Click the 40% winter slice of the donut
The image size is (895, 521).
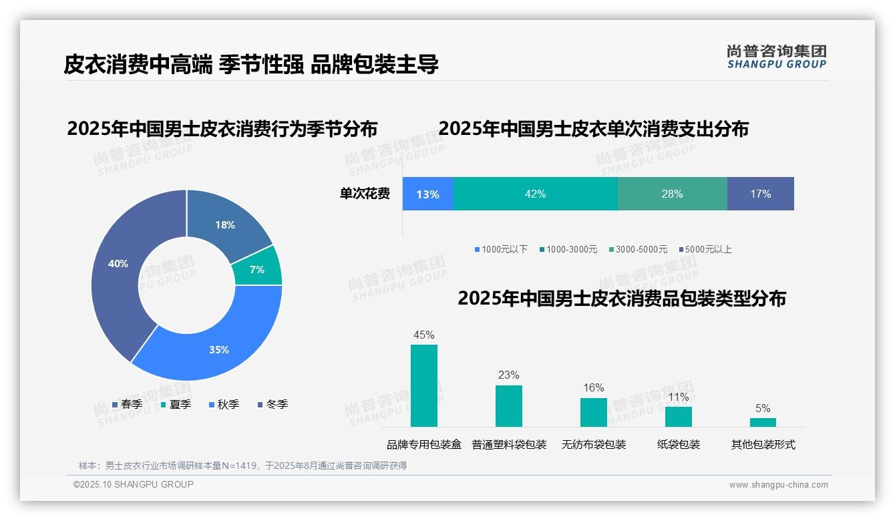(117, 267)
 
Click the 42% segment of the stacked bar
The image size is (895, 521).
(536, 194)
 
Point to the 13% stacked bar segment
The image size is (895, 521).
(427, 194)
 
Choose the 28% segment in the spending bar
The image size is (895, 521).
(672, 194)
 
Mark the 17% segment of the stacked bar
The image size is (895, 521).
(760, 194)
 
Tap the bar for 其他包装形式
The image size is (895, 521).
(763, 422)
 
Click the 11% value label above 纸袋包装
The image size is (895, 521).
(678, 397)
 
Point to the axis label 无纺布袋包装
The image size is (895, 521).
(594, 444)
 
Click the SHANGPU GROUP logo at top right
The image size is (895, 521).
(776, 57)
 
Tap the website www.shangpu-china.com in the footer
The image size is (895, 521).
(778, 485)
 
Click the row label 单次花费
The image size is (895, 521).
(365, 194)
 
